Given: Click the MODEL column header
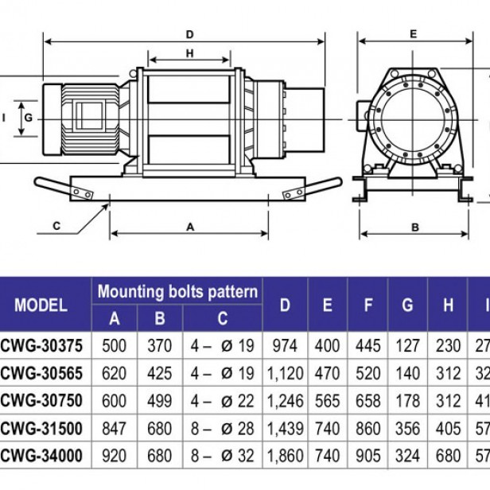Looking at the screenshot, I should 41,305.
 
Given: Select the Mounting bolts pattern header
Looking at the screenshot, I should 178,291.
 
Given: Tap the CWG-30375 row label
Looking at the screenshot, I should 47,345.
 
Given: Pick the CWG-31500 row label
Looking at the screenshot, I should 47,429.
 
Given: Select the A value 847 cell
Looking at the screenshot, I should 115,429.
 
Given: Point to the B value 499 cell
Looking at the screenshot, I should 160,401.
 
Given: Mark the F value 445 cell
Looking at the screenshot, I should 367,345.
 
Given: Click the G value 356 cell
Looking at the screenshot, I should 408,429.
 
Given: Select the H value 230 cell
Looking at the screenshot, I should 449,345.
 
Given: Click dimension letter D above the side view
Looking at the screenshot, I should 190,34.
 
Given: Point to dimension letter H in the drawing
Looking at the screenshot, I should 189,54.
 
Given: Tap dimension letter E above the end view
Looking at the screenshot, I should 414,34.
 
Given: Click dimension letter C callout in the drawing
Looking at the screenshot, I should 56,226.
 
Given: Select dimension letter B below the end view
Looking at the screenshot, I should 414,227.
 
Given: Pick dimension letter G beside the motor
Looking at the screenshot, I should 28,117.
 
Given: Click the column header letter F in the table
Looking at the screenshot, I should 367,305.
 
